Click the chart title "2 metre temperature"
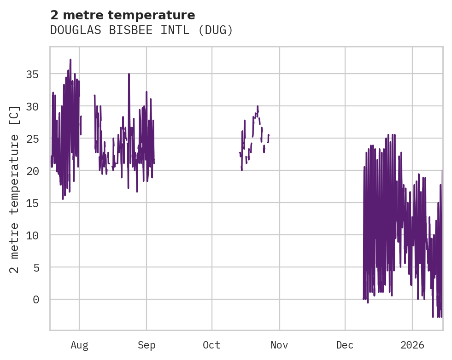tap(123, 15)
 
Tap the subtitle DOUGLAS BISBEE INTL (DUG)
tap(141, 30)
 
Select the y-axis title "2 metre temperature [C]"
tap(15, 189)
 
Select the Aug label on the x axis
tap(79, 345)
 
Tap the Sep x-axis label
tap(147, 345)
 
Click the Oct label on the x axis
tap(212, 345)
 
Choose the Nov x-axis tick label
tap(279, 345)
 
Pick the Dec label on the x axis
tap(345, 345)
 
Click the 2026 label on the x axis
tap(412, 345)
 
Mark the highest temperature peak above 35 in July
tap(70, 60)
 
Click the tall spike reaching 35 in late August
tap(129, 74)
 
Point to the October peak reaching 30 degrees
tap(258, 106)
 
